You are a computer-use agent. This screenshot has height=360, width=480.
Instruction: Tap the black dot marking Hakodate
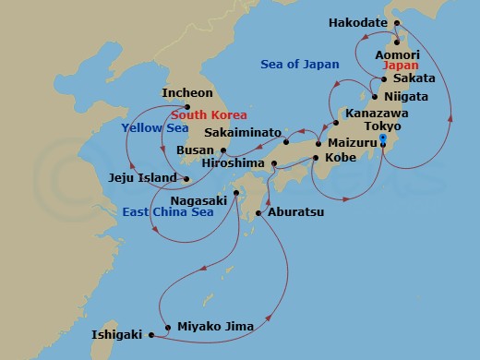point(397,23)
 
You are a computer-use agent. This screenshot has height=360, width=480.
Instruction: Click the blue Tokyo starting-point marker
point(382,140)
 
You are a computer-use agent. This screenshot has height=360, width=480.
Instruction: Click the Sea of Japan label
point(300,65)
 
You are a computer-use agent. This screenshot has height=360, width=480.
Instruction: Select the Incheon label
point(187,93)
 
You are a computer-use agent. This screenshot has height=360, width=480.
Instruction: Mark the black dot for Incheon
point(187,105)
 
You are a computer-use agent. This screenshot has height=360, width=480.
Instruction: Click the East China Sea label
point(168,211)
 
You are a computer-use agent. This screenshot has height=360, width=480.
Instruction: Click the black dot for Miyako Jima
point(166,327)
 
